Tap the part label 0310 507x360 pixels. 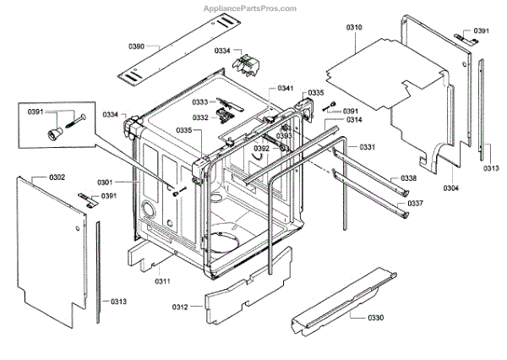point(354,28)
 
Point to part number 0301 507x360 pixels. point(105,182)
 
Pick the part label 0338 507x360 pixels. point(408,178)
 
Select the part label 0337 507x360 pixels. point(415,204)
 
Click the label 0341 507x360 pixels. point(286,88)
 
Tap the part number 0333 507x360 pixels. point(200,102)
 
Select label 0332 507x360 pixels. point(200,117)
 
